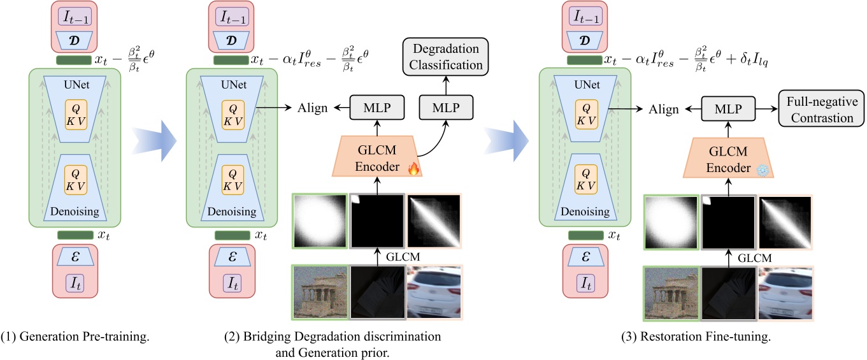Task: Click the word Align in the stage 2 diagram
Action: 313,109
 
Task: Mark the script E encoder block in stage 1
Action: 75,256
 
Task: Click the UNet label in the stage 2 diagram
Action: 231,85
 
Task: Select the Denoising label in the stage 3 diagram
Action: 584,212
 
